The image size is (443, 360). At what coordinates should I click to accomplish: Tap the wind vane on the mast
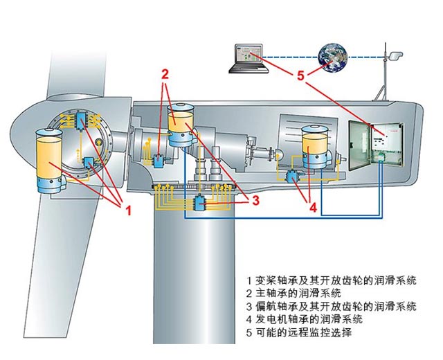coord(395,53)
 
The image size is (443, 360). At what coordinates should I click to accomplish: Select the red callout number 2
coord(165,73)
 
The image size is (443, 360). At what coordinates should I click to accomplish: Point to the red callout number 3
coord(255,201)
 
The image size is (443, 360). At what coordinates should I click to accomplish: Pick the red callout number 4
coord(313,206)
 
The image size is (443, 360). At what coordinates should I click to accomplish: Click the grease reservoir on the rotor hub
coord(50,159)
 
